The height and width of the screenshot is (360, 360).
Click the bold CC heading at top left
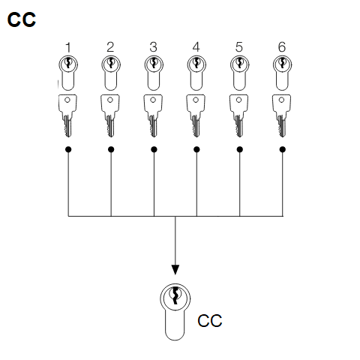[x=22, y=19]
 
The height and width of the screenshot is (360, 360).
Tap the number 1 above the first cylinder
[x=68, y=47]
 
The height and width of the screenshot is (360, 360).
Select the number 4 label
[x=196, y=47]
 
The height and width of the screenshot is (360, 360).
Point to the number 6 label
[x=282, y=47]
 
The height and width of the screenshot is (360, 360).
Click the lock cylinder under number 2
[x=111, y=73]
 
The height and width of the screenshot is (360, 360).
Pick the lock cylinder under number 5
[x=239, y=73]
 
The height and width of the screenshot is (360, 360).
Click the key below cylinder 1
[x=67, y=115]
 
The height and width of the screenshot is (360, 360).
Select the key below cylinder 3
[x=153, y=115]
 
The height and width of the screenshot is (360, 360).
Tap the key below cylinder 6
[x=282, y=115]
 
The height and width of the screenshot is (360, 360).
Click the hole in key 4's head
[x=196, y=100]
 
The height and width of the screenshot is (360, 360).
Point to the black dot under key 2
[x=111, y=149]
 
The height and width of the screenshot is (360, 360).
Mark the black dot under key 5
[x=239, y=149]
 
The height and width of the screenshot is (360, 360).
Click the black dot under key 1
[x=68, y=149]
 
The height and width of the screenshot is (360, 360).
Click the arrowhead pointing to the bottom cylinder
[x=175, y=270]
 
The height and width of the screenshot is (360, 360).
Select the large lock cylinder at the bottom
[x=175, y=312]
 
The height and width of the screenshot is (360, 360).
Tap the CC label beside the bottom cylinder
[x=210, y=321]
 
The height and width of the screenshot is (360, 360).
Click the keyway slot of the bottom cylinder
[x=175, y=295]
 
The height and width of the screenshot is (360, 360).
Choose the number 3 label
[x=153, y=47]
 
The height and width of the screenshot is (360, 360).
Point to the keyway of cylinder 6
[x=282, y=63]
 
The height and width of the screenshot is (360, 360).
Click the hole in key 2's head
[x=110, y=100]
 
